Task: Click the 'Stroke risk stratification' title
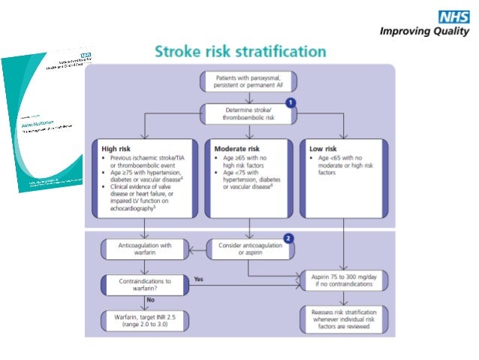(240, 52)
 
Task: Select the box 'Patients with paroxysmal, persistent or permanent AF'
(247, 81)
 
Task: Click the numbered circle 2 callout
(288, 238)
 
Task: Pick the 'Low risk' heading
(324, 149)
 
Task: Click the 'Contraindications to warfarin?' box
(146, 283)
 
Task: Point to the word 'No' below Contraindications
(150, 299)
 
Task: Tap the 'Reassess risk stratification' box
(344, 319)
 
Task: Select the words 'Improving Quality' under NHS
(426, 32)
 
